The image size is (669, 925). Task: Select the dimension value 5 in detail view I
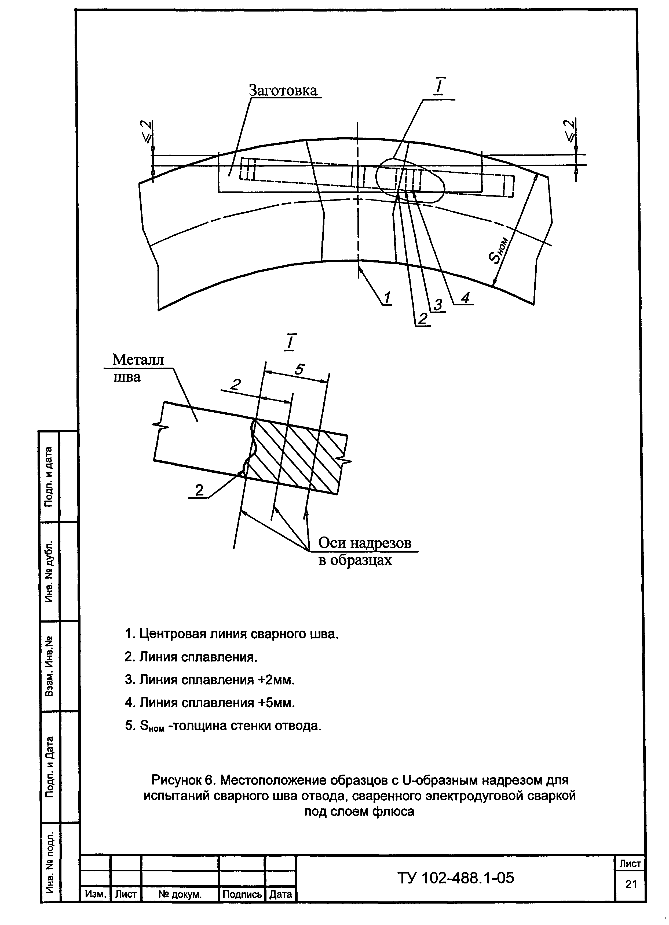299,369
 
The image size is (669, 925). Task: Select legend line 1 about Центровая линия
231,634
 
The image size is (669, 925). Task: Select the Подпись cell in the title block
242,895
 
